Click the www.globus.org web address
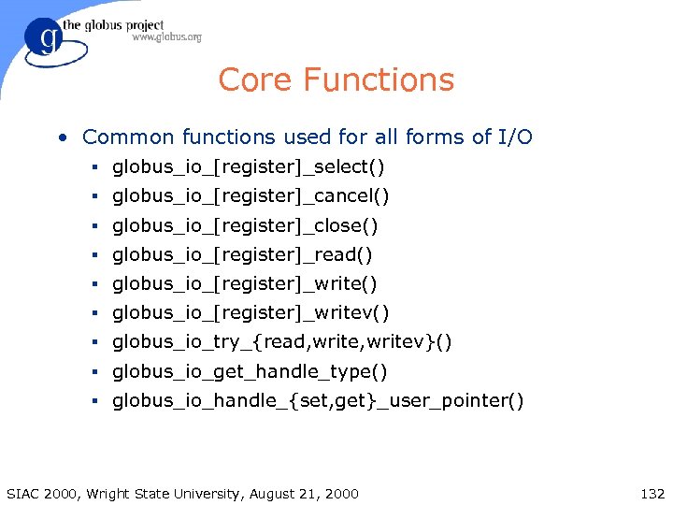click(166, 37)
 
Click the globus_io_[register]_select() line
click(249, 167)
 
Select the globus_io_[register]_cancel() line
click(251, 196)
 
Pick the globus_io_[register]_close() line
click(245, 225)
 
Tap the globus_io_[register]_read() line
click(242, 254)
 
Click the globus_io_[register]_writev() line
click(251, 312)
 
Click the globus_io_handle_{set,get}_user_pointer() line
click(318, 401)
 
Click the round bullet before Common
click(61, 138)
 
